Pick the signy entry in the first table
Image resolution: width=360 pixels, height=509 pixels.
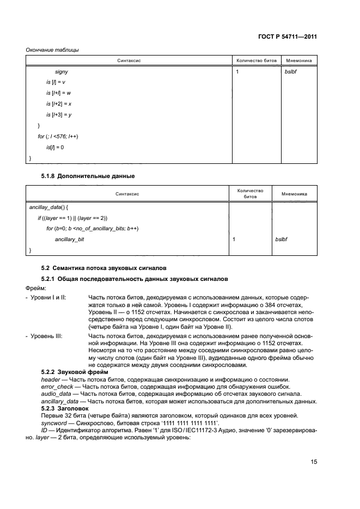(61, 71)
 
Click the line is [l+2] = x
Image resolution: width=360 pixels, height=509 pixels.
(59, 103)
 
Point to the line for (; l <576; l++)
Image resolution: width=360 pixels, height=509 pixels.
(58, 136)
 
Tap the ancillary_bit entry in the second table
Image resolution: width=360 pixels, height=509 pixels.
(70, 239)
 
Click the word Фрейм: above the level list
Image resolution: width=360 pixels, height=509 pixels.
(36, 288)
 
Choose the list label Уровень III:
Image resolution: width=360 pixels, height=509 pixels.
(46, 336)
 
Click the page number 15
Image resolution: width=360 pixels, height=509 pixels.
(314, 462)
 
